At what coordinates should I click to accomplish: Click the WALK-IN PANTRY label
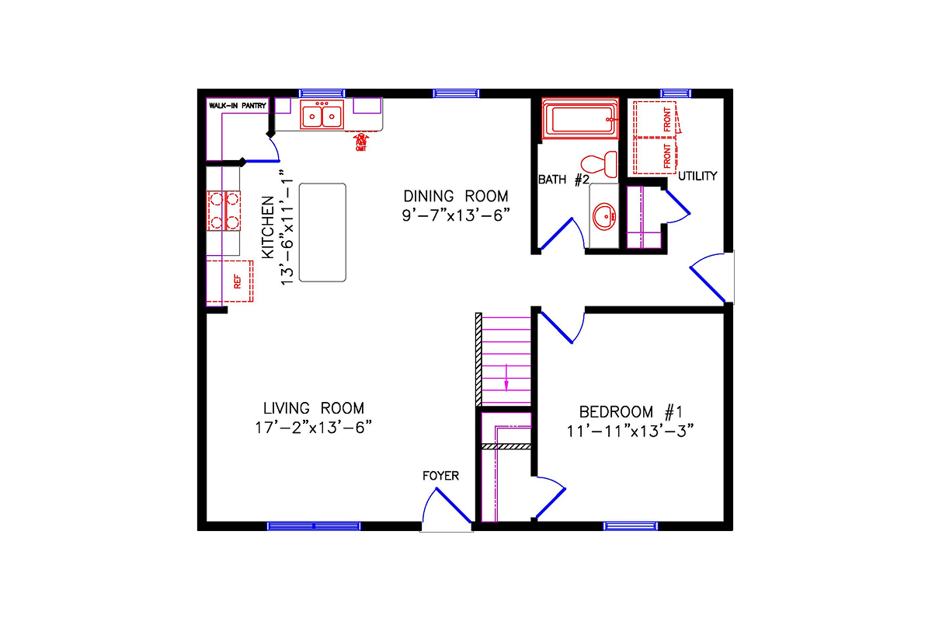point(238,105)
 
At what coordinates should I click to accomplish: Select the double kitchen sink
point(322,115)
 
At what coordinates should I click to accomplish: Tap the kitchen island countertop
point(322,232)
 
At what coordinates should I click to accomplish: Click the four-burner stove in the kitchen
point(223,210)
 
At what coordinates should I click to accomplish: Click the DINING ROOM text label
point(455,196)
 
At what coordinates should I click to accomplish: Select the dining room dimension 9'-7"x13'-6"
point(455,215)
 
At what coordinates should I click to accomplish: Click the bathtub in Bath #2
point(579,120)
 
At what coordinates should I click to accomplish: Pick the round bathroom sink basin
point(603,215)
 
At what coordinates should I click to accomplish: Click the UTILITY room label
point(697,176)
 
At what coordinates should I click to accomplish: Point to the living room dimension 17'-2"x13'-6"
point(313,428)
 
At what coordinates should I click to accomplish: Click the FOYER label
point(440,476)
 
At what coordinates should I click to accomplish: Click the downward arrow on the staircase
point(506,377)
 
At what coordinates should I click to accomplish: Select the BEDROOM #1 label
point(630,411)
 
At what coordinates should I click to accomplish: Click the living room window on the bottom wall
point(314,526)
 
